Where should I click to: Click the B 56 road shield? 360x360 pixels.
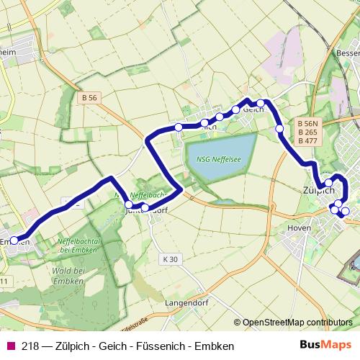89,97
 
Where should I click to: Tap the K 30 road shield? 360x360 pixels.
170,258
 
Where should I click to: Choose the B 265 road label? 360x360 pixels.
307,132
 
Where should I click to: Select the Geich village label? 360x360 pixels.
253,110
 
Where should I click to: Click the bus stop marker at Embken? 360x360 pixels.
14,240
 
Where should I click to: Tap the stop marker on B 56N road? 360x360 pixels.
279,129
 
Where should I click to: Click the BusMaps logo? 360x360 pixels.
331,346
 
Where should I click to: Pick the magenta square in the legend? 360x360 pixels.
10,346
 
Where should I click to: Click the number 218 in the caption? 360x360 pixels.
31,346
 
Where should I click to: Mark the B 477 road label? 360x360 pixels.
307,141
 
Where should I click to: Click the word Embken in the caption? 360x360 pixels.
215,346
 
